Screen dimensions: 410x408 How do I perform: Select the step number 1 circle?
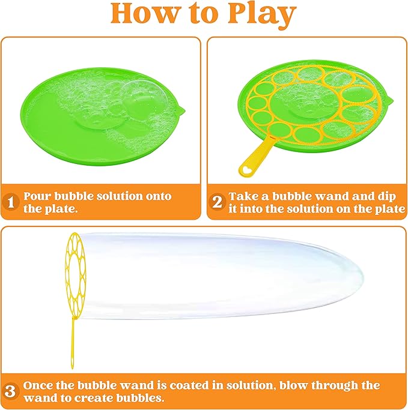(x=10, y=202)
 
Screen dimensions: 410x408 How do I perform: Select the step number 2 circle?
(x=218, y=202)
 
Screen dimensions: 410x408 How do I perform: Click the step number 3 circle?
(x=10, y=391)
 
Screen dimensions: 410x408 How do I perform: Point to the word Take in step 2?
(x=245, y=196)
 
